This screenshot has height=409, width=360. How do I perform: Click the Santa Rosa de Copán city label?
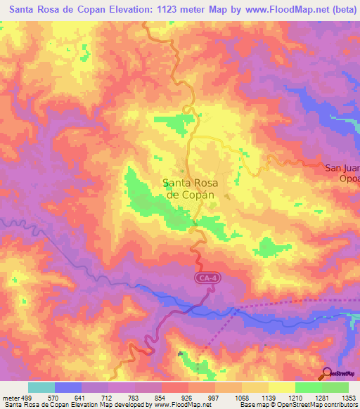(x=190, y=189)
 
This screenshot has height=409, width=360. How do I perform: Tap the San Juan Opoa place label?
(x=342, y=173)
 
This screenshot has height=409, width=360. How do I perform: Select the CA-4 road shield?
(x=204, y=280)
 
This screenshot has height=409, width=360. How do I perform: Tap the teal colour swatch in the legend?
(x=41, y=387)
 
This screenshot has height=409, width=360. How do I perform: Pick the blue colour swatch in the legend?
(x=67, y=387)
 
